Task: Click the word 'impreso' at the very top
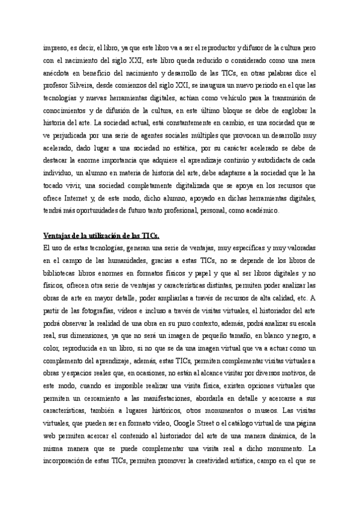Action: [x=55, y=46]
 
